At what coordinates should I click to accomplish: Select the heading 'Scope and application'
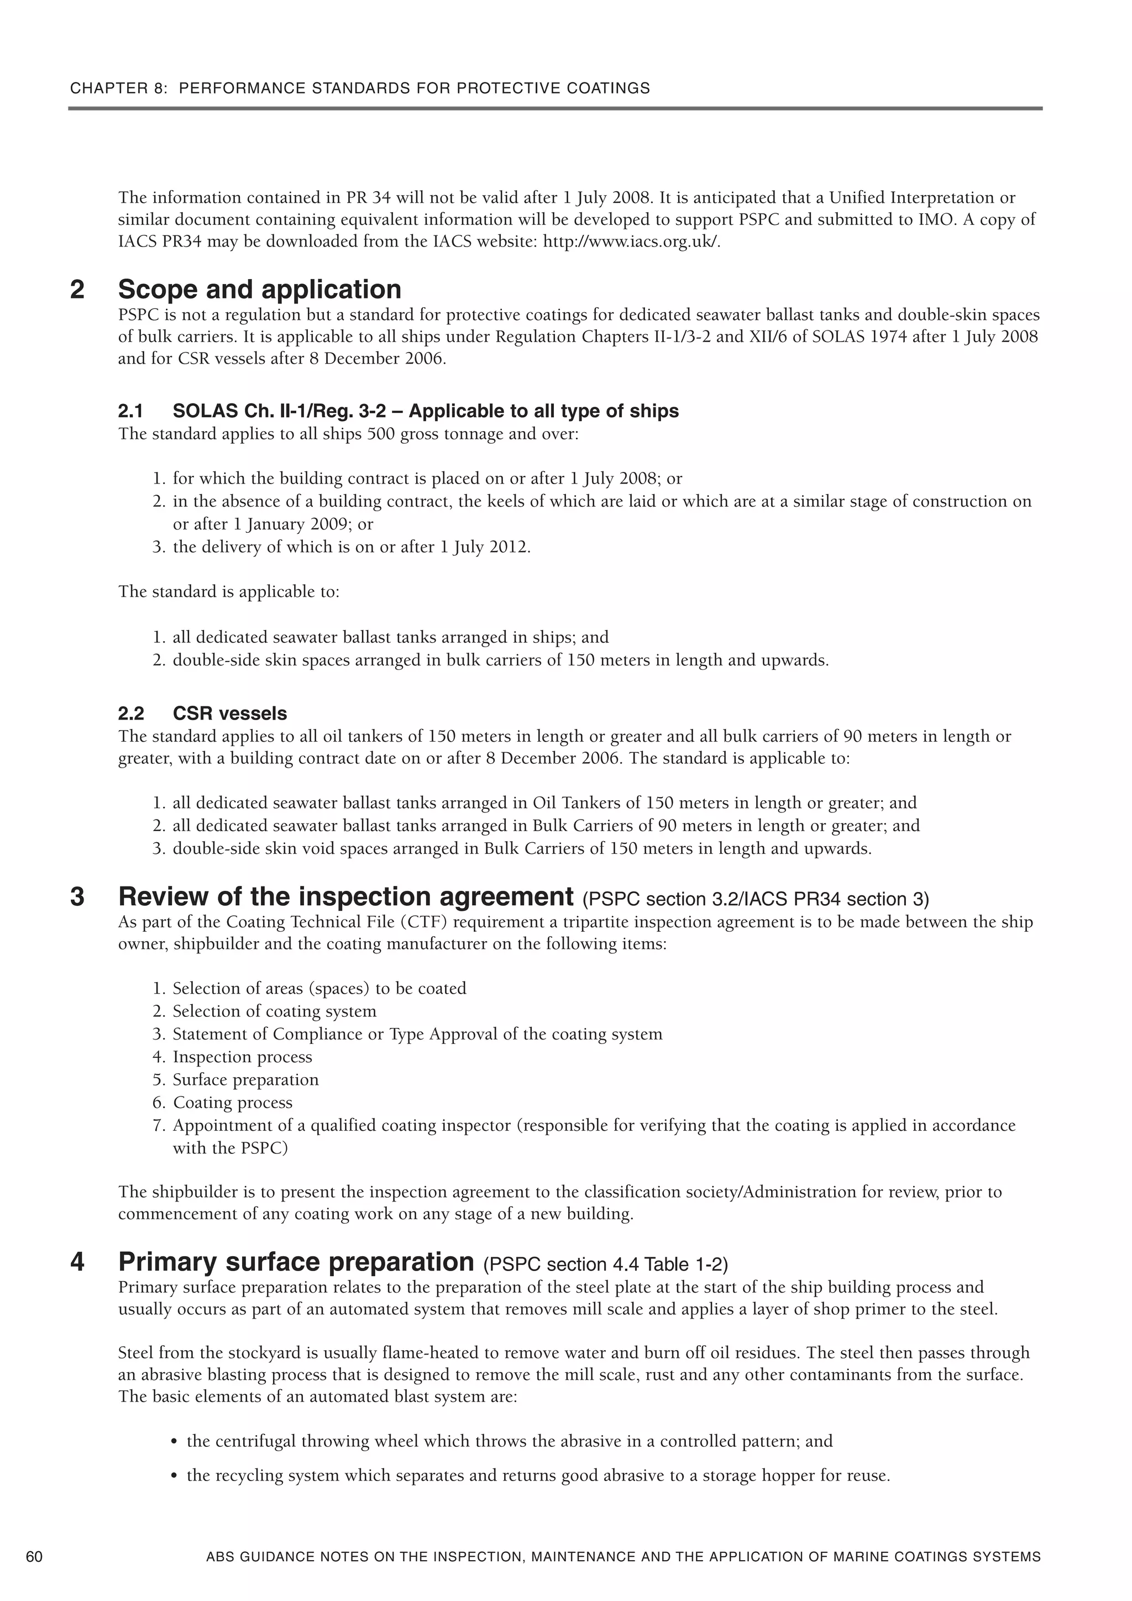point(259,288)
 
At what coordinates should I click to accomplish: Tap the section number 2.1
point(130,411)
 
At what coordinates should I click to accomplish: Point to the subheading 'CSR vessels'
point(229,713)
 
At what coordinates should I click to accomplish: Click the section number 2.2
point(130,713)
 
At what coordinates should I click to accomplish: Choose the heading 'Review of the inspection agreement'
point(346,896)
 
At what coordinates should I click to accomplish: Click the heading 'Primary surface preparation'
point(296,1262)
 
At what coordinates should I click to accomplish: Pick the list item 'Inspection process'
point(242,1057)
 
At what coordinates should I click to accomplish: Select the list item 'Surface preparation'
point(245,1079)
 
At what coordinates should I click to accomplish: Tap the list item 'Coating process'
point(232,1103)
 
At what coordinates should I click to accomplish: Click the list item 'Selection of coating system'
point(274,1011)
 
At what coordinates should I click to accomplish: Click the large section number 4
point(77,1262)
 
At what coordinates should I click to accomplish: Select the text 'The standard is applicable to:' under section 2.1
point(229,592)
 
